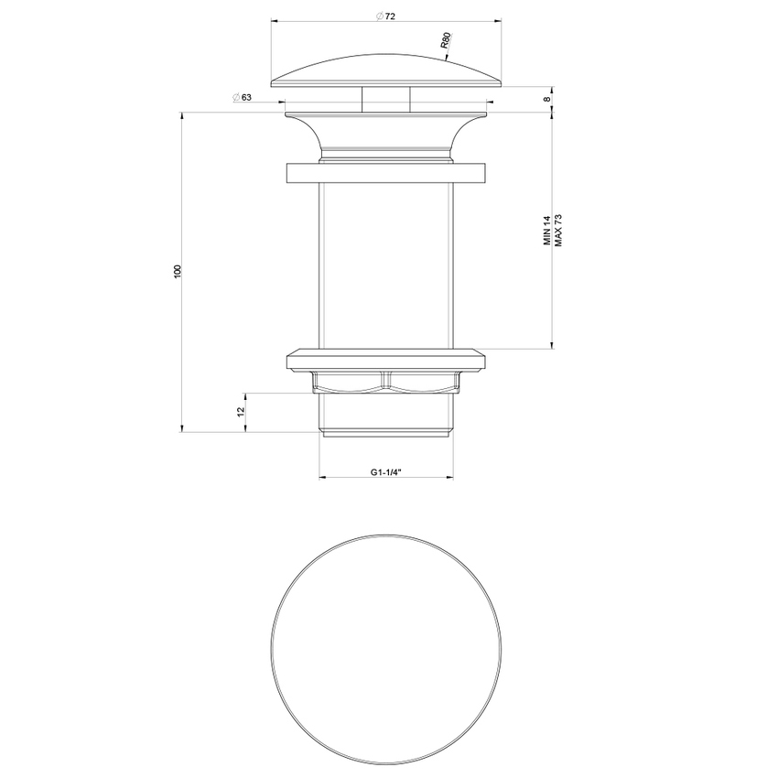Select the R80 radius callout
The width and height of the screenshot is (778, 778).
(x=445, y=41)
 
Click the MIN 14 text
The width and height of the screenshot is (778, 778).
(x=546, y=230)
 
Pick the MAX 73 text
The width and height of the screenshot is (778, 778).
(x=557, y=230)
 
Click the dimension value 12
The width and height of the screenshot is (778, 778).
(x=242, y=412)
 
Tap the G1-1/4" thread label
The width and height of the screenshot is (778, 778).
(x=386, y=472)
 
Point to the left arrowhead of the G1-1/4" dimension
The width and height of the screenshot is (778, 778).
(x=322, y=478)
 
